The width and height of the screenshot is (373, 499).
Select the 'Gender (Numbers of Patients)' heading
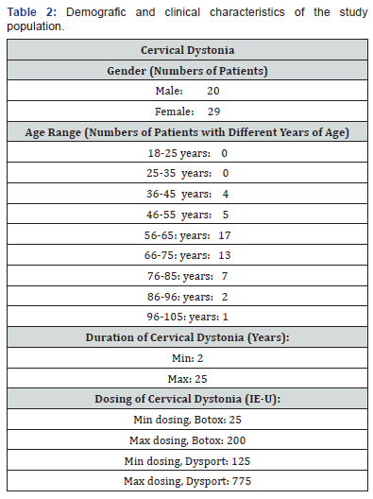pyautogui.click(x=187, y=71)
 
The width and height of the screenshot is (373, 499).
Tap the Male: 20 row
pyautogui.click(x=187, y=92)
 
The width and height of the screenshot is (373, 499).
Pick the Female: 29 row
pyautogui.click(x=187, y=112)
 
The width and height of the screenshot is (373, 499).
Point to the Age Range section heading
pyautogui.click(x=187, y=132)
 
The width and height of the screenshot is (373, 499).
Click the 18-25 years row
pyautogui.click(x=187, y=152)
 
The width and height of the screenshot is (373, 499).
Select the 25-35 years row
pyautogui.click(x=187, y=173)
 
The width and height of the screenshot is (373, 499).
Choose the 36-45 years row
pyautogui.click(x=187, y=193)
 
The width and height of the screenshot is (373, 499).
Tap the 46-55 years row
pyautogui.click(x=187, y=214)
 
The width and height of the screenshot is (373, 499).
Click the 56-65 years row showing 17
pyautogui.click(x=187, y=234)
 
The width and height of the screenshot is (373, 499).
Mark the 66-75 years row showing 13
pyautogui.click(x=187, y=254)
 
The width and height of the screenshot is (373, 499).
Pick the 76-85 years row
pyautogui.click(x=187, y=275)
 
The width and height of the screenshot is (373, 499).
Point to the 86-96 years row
pyautogui.click(x=187, y=295)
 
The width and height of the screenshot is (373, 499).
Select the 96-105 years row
pyautogui.click(x=187, y=316)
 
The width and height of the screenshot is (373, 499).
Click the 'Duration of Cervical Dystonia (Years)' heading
pyautogui.click(x=187, y=336)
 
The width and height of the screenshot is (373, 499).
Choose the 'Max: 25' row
pyautogui.click(x=187, y=377)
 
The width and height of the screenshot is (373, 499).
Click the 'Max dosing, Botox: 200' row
pyautogui.click(x=187, y=439)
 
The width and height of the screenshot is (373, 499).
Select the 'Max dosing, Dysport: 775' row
pyautogui.click(x=187, y=482)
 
